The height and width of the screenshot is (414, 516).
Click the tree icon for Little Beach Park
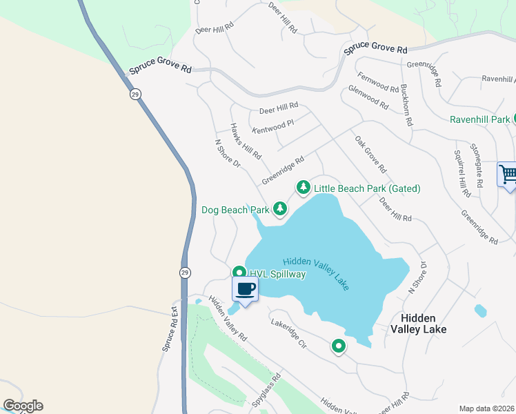303,188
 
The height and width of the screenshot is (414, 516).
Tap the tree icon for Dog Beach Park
279,208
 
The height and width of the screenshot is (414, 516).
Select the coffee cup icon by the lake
245,289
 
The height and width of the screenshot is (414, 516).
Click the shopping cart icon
507,174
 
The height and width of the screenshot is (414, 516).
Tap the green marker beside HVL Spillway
239,273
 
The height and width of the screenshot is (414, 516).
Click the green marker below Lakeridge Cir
338,346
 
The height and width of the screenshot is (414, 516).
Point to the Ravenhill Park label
480,119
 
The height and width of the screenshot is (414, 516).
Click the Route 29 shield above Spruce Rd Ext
184,273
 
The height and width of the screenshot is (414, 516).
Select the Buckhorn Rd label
406,104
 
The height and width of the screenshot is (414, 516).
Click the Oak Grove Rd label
371,155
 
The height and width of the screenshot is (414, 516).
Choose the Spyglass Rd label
268,389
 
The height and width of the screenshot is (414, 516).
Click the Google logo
23,406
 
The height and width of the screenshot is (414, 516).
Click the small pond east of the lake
480,310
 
